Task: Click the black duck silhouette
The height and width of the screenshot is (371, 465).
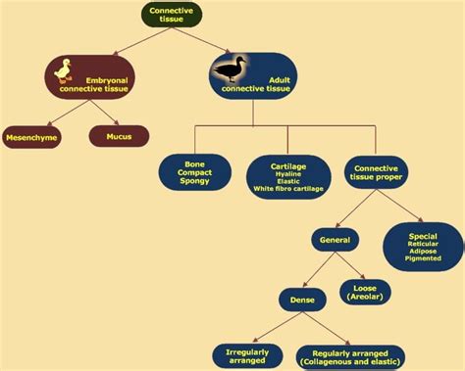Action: [x=230, y=70]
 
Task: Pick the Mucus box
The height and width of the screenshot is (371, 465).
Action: [x=119, y=137]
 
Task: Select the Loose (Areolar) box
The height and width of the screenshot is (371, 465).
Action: [x=364, y=293]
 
